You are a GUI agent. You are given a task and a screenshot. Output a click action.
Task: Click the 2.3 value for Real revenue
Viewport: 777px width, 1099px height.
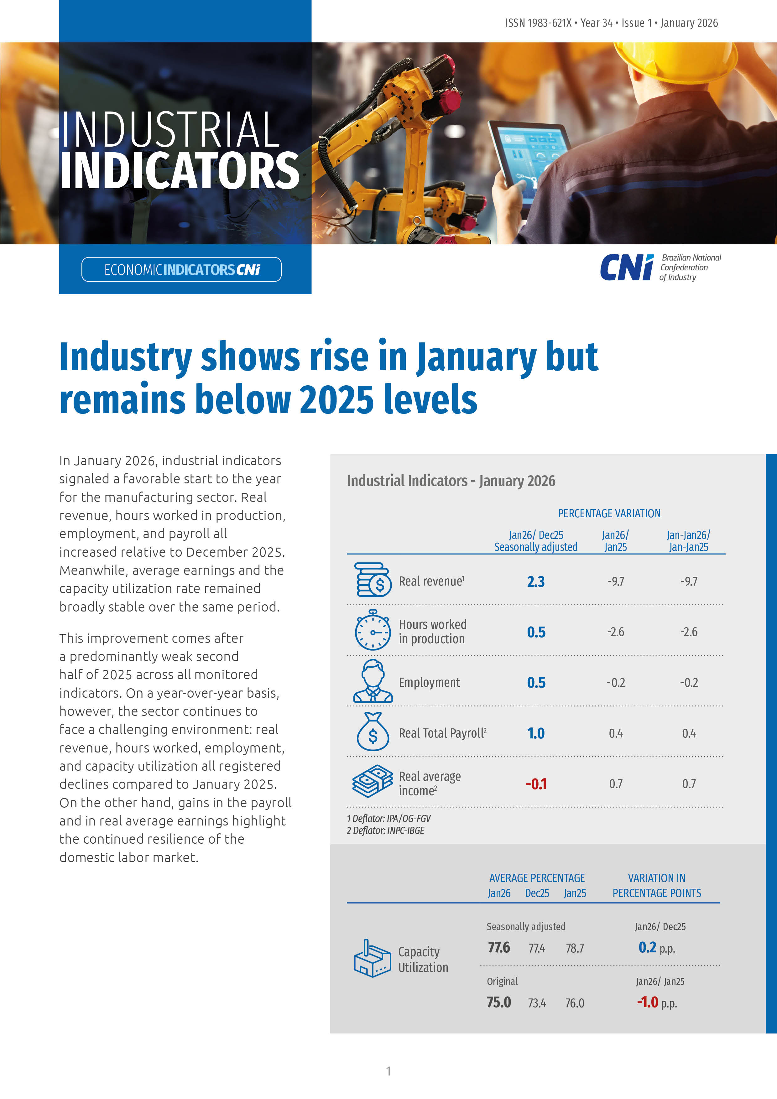pos(536,581)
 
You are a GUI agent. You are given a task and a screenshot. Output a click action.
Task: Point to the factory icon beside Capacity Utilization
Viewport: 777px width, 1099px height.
pos(372,959)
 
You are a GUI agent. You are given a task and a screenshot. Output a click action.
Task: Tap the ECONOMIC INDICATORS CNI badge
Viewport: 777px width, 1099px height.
pos(181,269)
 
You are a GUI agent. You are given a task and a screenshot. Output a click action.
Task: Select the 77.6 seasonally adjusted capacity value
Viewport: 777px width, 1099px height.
pos(499,948)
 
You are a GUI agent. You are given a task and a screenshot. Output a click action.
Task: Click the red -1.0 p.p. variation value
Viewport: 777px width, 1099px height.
pos(648,1002)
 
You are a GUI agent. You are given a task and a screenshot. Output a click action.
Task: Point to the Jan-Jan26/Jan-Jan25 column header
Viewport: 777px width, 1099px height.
pos(688,541)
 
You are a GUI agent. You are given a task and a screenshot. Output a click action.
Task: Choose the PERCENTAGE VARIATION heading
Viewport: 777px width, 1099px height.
pos(609,513)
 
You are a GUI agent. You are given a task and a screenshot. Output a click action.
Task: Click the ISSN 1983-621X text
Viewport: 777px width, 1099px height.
pos(538,23)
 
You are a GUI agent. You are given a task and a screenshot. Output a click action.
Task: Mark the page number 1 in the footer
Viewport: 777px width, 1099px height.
pos(388,1071)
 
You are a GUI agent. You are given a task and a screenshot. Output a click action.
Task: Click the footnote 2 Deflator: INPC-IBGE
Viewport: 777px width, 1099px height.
pos(385,831)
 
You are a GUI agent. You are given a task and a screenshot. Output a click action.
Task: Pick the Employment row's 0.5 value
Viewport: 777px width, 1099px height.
pos(536,683)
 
